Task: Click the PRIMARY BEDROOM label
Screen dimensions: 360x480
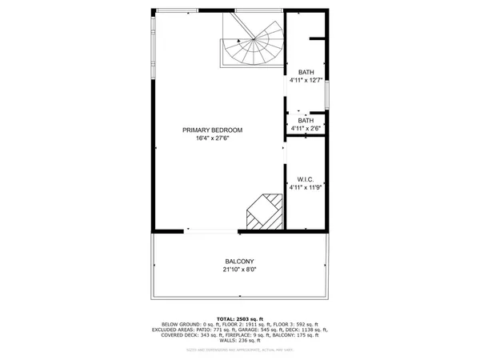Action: click(212, 130)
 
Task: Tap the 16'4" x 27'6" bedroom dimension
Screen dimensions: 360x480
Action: click(212, 138)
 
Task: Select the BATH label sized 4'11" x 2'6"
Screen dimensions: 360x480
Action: click(306, 120)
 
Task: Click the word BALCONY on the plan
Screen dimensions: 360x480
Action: click(239, 262)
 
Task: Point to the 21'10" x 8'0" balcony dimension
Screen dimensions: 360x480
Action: click(239, 270)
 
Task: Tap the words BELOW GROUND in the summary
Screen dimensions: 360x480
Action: click(169, 324)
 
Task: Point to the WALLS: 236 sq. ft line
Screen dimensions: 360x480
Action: click(239, 341)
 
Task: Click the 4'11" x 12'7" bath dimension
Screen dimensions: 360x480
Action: click(306, 80)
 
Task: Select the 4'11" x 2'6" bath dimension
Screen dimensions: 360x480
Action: click(306, 128)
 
